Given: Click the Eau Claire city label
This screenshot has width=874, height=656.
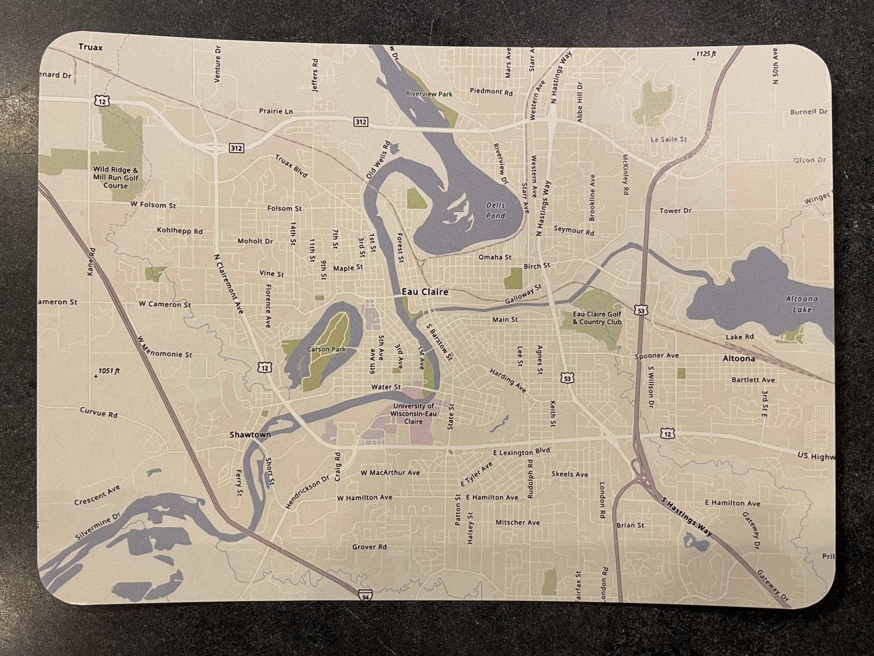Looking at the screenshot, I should [425, 292].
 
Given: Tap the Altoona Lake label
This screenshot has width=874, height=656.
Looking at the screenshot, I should [801, 305].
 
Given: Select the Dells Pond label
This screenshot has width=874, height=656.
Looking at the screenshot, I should [495, 211].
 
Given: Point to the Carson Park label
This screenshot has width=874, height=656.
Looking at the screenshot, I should [326, 349].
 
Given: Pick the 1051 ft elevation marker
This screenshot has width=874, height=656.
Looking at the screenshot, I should [107, 371].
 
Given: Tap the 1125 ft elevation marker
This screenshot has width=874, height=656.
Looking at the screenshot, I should [705, 54].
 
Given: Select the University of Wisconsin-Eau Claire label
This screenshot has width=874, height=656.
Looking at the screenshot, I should [413, 413].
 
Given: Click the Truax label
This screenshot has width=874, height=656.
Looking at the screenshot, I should [90, 47].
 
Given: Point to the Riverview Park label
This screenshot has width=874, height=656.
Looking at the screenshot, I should [429, 94].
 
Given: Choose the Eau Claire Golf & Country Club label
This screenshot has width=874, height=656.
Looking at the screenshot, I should [597, 318].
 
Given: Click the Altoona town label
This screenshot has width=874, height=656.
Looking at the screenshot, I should [739, 358].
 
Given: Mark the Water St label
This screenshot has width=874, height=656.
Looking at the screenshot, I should [386, 387].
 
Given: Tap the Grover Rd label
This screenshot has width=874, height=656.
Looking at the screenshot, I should [369, 547].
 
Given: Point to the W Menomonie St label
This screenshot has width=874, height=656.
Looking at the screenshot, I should [165, 346].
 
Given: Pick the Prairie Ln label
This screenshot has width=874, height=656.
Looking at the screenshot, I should [276, 111].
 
